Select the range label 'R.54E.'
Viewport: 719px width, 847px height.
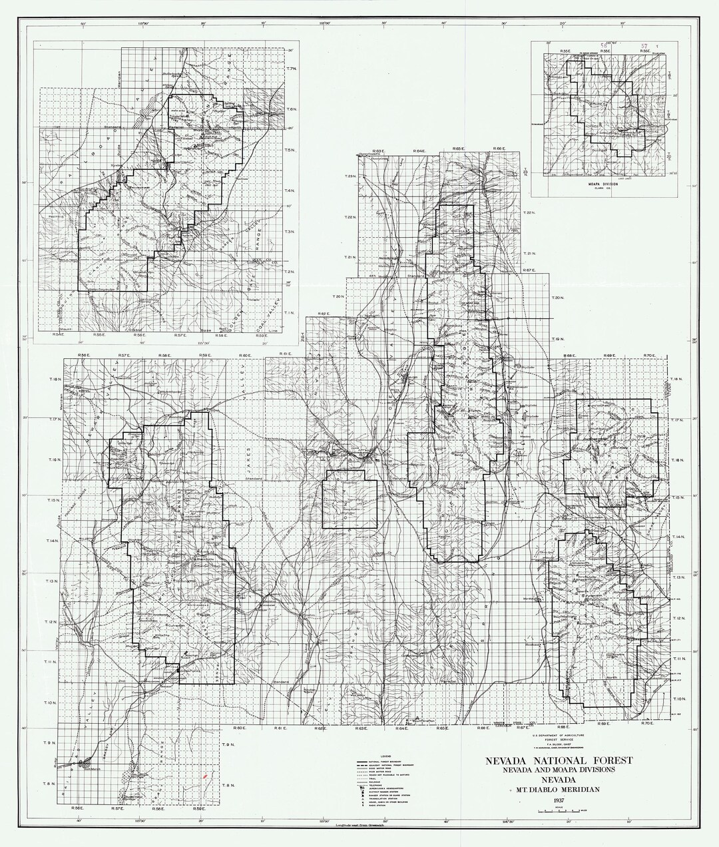[60, 335]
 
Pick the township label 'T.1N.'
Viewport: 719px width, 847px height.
[290, 312]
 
